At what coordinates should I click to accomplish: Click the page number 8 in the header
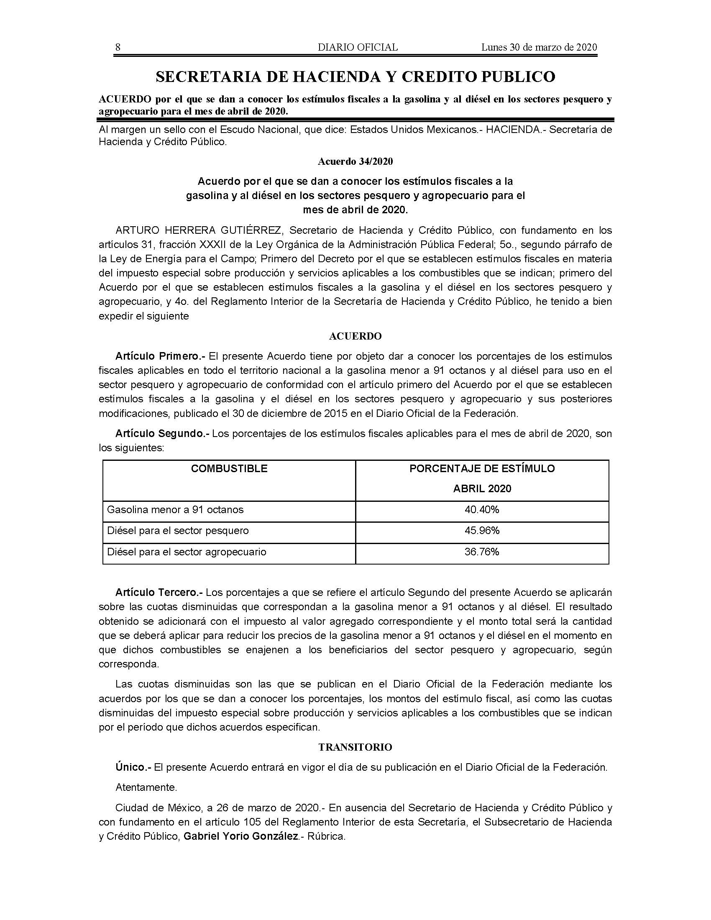click(x=118, y=47)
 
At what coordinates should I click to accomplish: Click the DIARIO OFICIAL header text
click(x=358, y=47)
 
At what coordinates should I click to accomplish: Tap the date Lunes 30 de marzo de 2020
click(x=539, y=47)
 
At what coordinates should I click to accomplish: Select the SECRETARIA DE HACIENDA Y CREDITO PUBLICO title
click(x=355, y=77)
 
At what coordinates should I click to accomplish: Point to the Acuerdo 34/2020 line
click(x=355, y=161)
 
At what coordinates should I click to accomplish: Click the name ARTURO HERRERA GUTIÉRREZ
click(x=198, y=230)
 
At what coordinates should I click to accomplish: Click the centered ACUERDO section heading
click(x=355, y=336)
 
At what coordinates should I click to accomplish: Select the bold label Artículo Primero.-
click(x=160, y=356)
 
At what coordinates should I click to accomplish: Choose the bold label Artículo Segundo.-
click(x=162, y=434)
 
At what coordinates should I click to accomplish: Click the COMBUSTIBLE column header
click(x=229, y=468)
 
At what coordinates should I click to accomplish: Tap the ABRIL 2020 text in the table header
click(x=482, y=488)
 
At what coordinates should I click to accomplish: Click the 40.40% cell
click(x=482, y=510)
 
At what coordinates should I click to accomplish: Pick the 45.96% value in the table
click(x=482, y=531)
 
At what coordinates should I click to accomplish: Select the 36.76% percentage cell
click(x=482, y=552)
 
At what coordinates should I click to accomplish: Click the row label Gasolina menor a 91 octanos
click(x=175, y=510)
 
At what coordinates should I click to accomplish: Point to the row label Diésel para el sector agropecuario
click(x=187, y=552)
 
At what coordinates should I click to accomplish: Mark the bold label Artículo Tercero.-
click(x=159, y=593)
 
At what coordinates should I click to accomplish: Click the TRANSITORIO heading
click(x=355, y=747)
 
